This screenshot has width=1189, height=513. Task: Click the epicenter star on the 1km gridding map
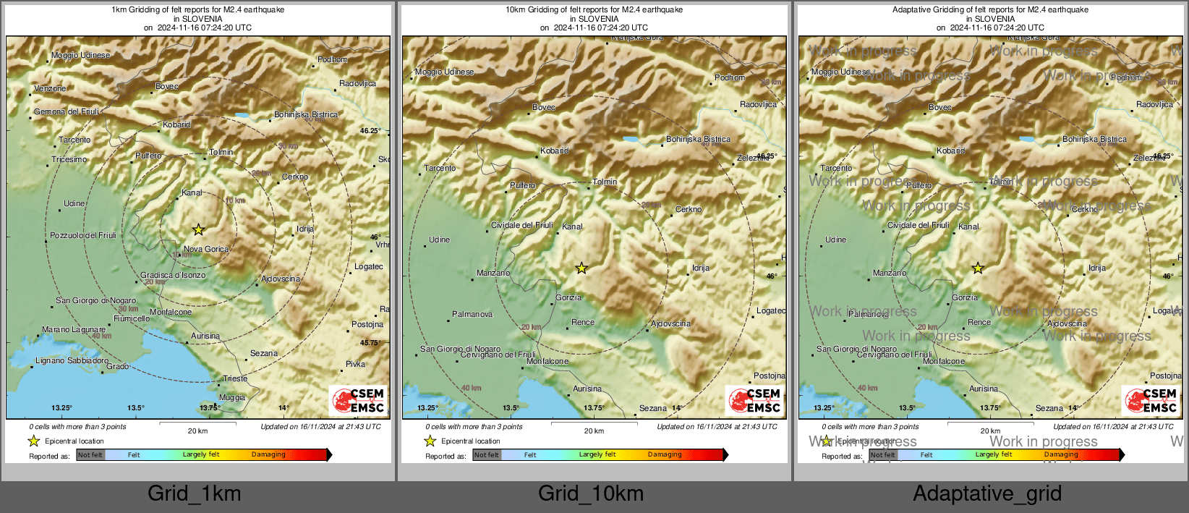click(198, 229)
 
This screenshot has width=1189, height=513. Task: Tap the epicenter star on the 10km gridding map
click(581, 268)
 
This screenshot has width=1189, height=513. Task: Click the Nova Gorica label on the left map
click(205, 249)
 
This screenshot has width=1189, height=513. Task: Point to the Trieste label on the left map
click(235, 378)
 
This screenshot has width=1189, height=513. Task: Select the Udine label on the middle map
click(439, 239)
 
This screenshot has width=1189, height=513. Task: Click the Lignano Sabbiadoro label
click(72, 360)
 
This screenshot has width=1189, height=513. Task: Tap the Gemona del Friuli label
click(67, 111)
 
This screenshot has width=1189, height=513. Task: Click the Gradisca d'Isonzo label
click(173, 275)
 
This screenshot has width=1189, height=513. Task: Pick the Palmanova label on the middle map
click(472, 314)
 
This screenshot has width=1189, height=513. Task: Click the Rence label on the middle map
click(583, 322)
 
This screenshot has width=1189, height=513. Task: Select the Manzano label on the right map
click(889, 273)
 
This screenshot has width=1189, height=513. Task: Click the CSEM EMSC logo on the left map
click(358, 400)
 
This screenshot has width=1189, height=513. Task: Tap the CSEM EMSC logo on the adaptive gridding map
click(1151, 400)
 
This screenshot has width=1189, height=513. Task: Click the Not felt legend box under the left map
click(90, 454)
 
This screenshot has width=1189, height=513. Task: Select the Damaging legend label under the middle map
click(665, 454)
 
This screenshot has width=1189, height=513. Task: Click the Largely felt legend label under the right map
click(993, 454)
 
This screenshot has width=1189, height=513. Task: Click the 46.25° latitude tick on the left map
click(370, 131)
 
